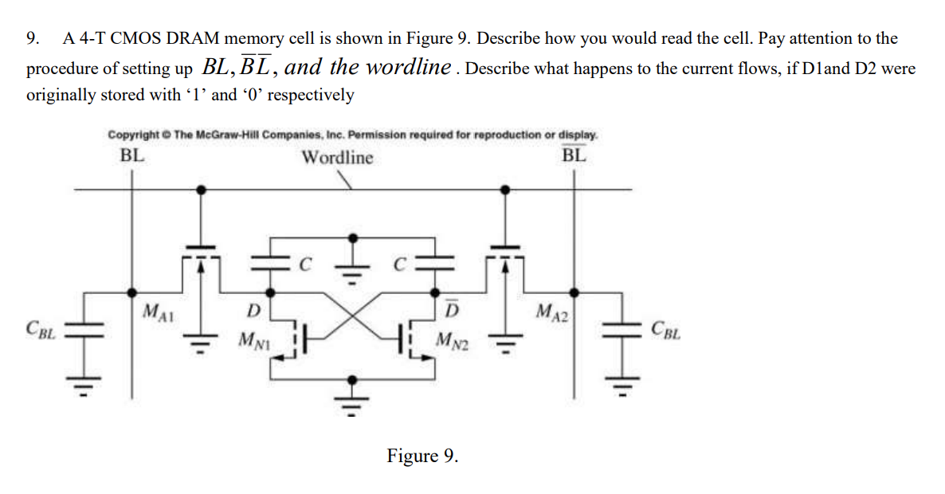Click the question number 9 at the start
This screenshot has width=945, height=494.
(x=33, y=38)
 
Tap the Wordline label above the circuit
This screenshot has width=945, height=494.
(x=336, y=157)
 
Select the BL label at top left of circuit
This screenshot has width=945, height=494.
(x=132, y=155)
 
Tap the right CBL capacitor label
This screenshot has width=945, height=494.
(x=666, y=327)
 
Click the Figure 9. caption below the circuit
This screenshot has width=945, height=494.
(x=422, y=456)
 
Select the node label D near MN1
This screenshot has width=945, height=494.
(x=253, y=308)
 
